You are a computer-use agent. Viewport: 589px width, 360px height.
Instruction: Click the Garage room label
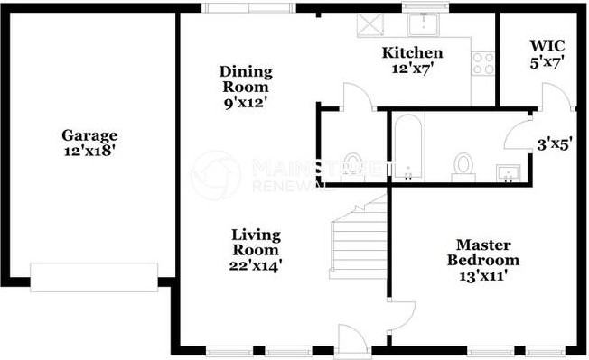(89, 135)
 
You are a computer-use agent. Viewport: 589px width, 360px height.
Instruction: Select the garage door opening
(94, 276)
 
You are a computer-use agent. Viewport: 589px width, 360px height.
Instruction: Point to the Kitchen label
(411, 52)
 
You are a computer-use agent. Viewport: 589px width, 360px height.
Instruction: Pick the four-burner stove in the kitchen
(483, 63)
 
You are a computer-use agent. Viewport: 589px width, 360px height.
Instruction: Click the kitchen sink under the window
(422, 23)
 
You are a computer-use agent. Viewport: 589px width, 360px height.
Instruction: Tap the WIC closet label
(547, 45)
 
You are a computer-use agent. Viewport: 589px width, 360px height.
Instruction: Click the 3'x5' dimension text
(554, 143)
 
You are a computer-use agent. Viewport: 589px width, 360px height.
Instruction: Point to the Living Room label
(255, 242)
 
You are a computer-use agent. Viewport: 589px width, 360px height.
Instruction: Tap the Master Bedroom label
(483, 253)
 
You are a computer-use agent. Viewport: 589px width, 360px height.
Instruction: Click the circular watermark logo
(216, 174)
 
